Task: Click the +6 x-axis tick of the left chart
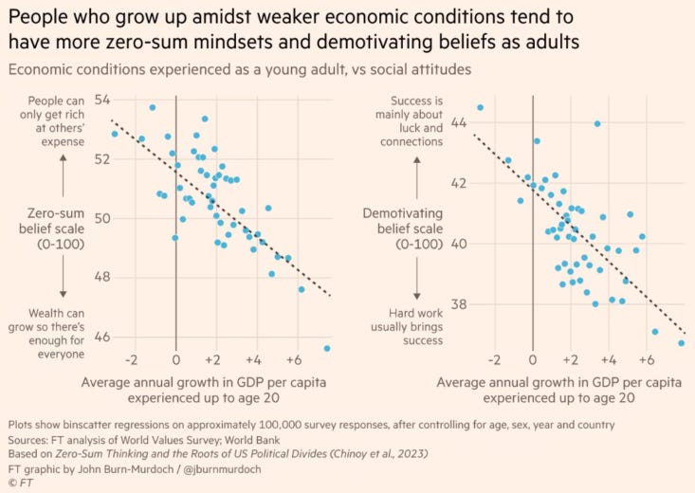[293, 361]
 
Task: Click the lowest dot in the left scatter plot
[327, 349]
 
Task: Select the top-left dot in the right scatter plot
[480, 107]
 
